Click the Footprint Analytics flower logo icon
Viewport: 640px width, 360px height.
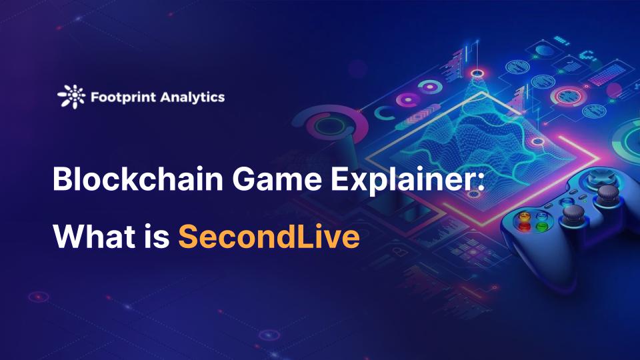click(x=72, y=97)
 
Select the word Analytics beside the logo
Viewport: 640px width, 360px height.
click(x=192, y=97)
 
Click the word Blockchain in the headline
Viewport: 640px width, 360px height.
click(x=138, y=179)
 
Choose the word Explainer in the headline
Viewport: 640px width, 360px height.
click(x=402, y=180)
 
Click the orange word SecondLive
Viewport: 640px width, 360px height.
click(x=269, y=236)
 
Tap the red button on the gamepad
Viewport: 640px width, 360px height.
click(x=524, y=226)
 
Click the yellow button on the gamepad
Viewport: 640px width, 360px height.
click(x=525, y=215)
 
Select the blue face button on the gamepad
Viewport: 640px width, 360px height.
click(x=543, y=215)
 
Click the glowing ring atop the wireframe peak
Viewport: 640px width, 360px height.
click(x=477, y=73)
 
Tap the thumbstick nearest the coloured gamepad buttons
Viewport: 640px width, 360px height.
click(x=573, y=215)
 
